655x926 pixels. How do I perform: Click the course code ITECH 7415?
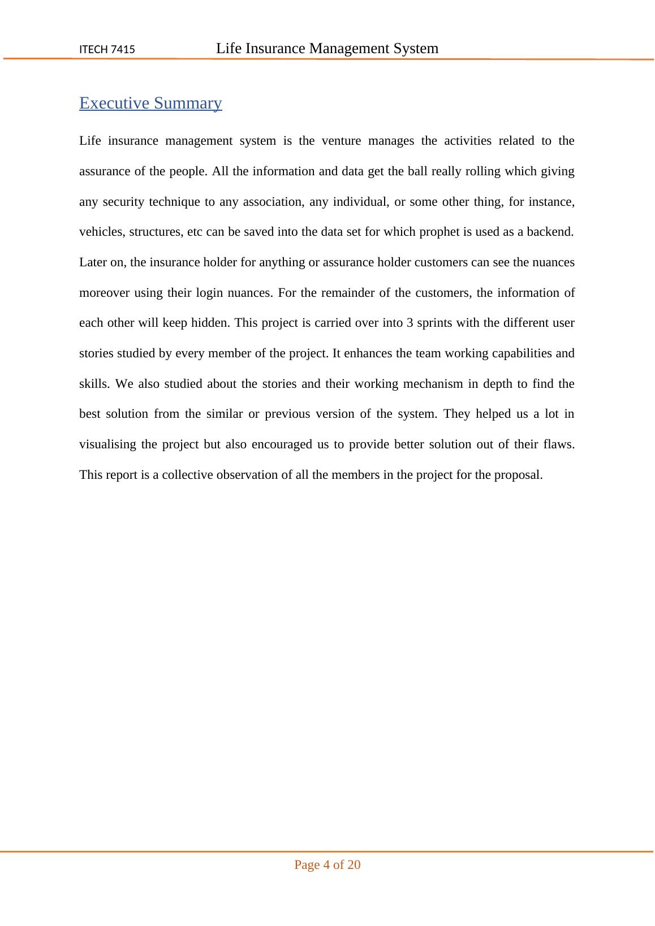107,50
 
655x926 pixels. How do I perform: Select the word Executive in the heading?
114,103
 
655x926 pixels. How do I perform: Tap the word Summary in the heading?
188,103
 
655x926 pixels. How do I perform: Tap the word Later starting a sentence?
92,262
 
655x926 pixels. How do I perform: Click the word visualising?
107,444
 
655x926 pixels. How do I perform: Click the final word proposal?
518,475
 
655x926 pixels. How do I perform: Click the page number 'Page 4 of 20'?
327,865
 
